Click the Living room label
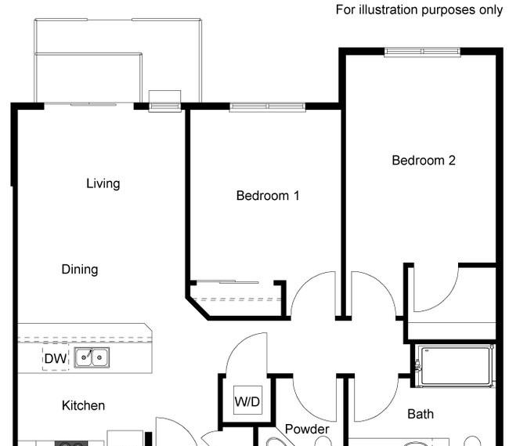[x=103, y=183]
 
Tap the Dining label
[x=80, y=270]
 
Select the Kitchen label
[x=83, y=405]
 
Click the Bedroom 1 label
[x=268, y=196]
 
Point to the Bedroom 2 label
[x=423, y=161]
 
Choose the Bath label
[x=421, y=414]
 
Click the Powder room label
[x=307, y=430]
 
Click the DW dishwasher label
[x=55, y=359]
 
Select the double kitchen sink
[x=92, y=358]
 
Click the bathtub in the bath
[x=455, y=365]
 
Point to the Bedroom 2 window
[x=422, y=52]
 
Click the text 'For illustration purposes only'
[x=419, y=10]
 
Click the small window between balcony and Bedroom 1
[x=164, y=101]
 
